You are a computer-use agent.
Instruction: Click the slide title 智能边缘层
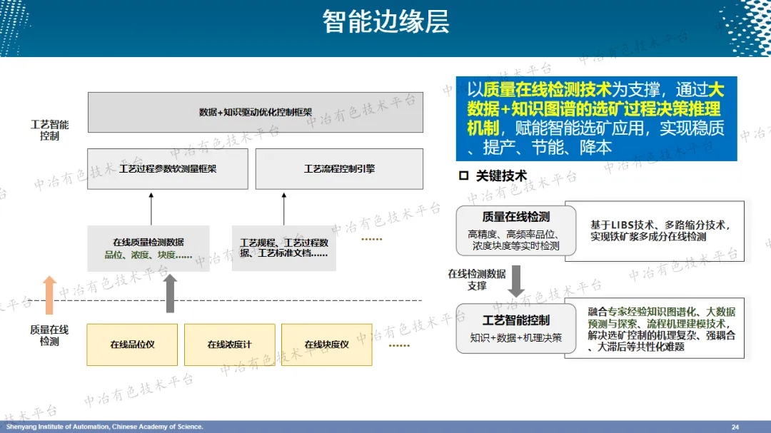(x=385, y=21)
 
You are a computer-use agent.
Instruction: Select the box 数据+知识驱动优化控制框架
(x=255, y=112)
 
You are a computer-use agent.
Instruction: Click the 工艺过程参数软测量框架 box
(x=168, y=169)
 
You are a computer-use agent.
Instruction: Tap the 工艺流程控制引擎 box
(x=339, y=169)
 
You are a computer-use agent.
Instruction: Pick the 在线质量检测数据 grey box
(x=148, y=248)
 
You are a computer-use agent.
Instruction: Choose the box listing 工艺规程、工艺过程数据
(x=283, y=248)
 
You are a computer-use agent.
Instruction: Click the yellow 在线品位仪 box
(x=133, y=345)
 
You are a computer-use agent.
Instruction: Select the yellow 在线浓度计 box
(x=230, y=345)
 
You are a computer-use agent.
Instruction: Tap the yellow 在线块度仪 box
(x=326, y=345)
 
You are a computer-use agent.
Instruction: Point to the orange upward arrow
(x=49, y=295)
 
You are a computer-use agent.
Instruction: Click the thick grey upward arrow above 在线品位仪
(x=170, y=292)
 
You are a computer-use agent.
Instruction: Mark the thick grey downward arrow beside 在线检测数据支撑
(x=515, y=280)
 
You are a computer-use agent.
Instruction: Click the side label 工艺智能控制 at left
(x=50, y=130)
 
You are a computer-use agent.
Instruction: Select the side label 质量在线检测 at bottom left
(x=49, y=335)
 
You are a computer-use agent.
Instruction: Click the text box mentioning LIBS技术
(x=655, y=230)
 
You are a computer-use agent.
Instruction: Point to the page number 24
(x=735, y=427)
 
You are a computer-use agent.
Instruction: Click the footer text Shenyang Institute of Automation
(x=104, y=427)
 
